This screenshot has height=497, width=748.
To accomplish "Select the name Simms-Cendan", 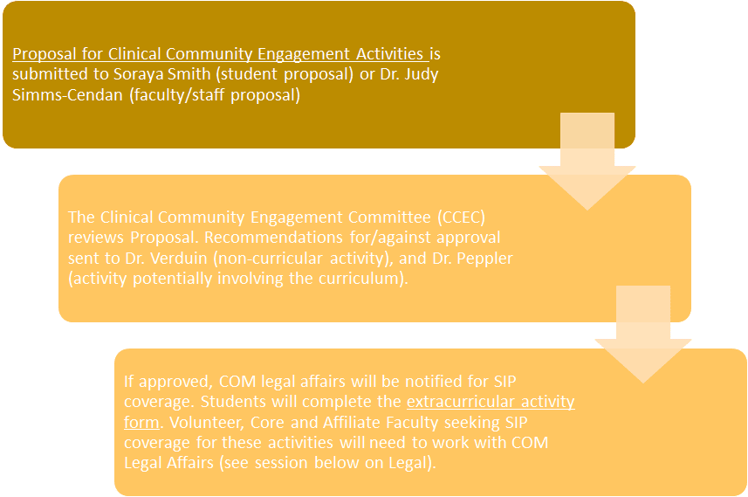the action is (67, 94).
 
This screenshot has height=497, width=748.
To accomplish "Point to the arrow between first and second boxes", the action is (587, 161).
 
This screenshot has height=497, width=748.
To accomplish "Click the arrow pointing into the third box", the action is (643, 335).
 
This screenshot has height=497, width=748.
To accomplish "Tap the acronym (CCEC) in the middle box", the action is (462, 217).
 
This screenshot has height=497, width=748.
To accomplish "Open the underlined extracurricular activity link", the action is (491, 402).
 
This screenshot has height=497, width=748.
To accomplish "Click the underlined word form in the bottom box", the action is (141, 423).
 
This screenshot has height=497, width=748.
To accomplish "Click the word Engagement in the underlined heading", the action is (305, 54).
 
